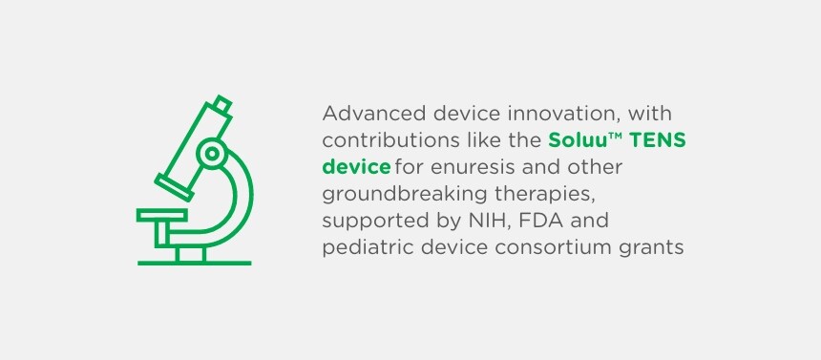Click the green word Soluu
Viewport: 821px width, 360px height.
(x=576, y=140)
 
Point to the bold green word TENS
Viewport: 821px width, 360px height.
(x=659, y=140)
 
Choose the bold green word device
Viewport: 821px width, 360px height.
(x=356, y=167)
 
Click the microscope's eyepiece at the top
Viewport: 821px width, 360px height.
(x=221, y=103)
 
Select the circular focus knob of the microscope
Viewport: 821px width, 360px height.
(x=212, y=153)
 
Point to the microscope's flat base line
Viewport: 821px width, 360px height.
(x=194, y=262)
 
